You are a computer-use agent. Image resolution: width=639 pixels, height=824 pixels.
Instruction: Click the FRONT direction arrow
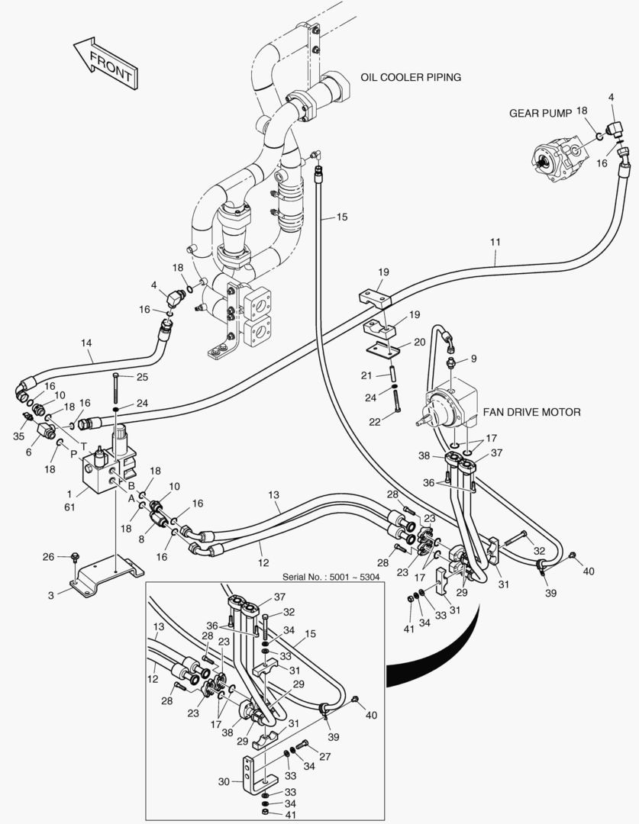tap(105, 63)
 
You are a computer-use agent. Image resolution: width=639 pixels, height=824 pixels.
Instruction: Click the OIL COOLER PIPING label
tap(411, 77)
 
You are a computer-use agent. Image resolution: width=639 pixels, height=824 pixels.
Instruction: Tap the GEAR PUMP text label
tap(541, 113)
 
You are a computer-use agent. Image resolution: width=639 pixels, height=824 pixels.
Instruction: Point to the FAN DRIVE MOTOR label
tap(531, 412)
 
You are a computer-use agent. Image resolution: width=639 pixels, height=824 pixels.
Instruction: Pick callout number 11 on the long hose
tap(495, 242)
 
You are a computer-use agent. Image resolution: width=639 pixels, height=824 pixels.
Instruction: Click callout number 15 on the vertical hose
tap(341, 217)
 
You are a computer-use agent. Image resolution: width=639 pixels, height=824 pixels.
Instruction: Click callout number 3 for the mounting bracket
tap(50, 595)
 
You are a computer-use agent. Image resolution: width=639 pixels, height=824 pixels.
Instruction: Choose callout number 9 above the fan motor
tap(473, 358)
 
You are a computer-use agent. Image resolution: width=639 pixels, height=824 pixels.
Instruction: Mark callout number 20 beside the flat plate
tap(419, 343)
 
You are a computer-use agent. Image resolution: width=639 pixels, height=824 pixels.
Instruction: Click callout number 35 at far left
tap(19, 436)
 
